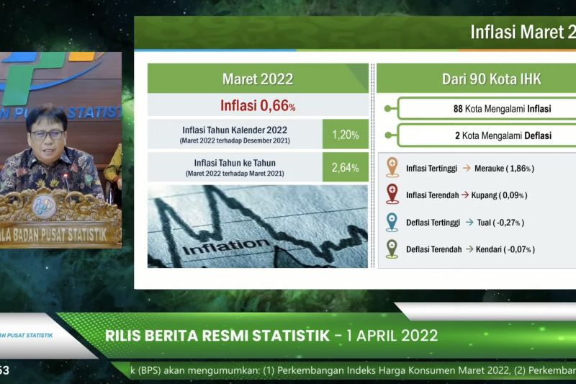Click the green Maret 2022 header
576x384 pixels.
(x=258, y=78)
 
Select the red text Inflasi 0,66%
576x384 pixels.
(x=258, y=106)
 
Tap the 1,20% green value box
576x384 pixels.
(x=346, y=134)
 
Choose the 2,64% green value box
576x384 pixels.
(x=346, y=167)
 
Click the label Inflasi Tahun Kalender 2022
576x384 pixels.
(x=234, y=130)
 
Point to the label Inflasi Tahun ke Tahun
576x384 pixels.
(x=234, y=163)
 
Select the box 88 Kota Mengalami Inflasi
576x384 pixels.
(x=487, y=109)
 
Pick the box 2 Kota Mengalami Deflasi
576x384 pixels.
(x=487, y=135)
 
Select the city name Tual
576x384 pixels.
(x=485, y=223)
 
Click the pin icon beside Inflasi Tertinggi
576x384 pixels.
(x=392, y=167)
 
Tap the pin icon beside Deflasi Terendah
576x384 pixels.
(x=392, y=249)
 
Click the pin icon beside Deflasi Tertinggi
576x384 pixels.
(x=392, y=222)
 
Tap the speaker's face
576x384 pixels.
(x=48, y=134)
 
